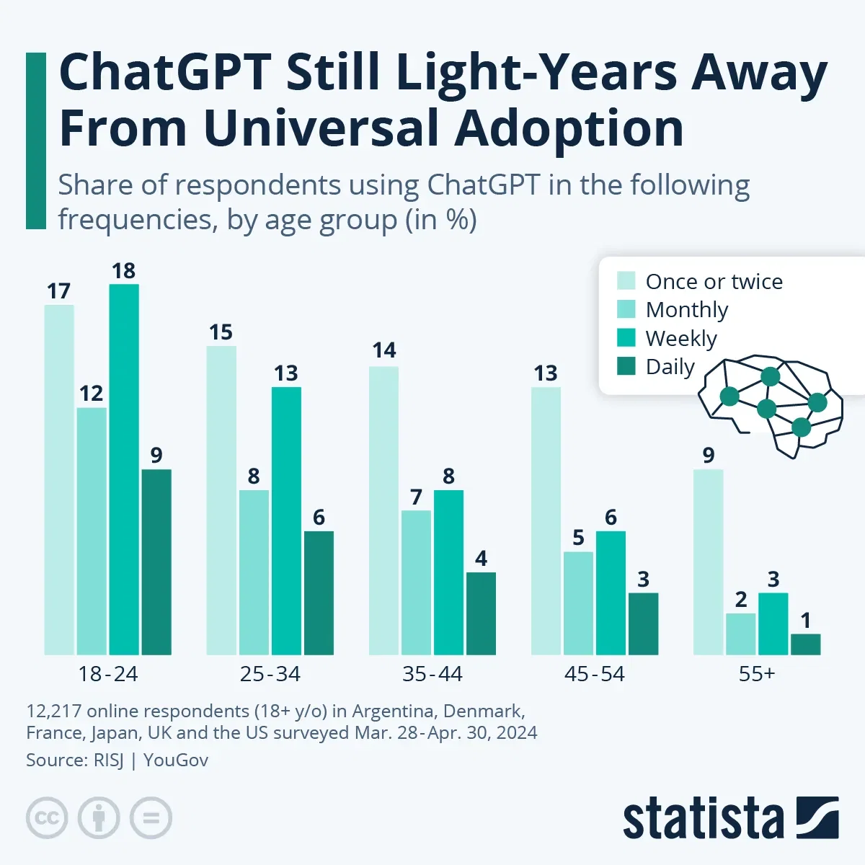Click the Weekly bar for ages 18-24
click(124, 469)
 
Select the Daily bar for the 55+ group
click(805, 644)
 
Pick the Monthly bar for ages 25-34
click(254, 572)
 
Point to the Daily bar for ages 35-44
click(481, 613)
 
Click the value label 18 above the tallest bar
click(123, 271)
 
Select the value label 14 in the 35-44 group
click(383, 350)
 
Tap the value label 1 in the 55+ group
click(805, 620)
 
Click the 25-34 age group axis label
click(270, 674)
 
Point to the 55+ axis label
click(756, 674)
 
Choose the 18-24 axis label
click(107, 674)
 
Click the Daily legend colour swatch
click(626, 366)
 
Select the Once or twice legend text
click(714, 281)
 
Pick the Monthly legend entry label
click(686, 309)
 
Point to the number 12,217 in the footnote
click(53, 711)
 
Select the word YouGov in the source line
click(176, 760)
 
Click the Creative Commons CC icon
click(47, 818)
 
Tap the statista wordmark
click(703, 820)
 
